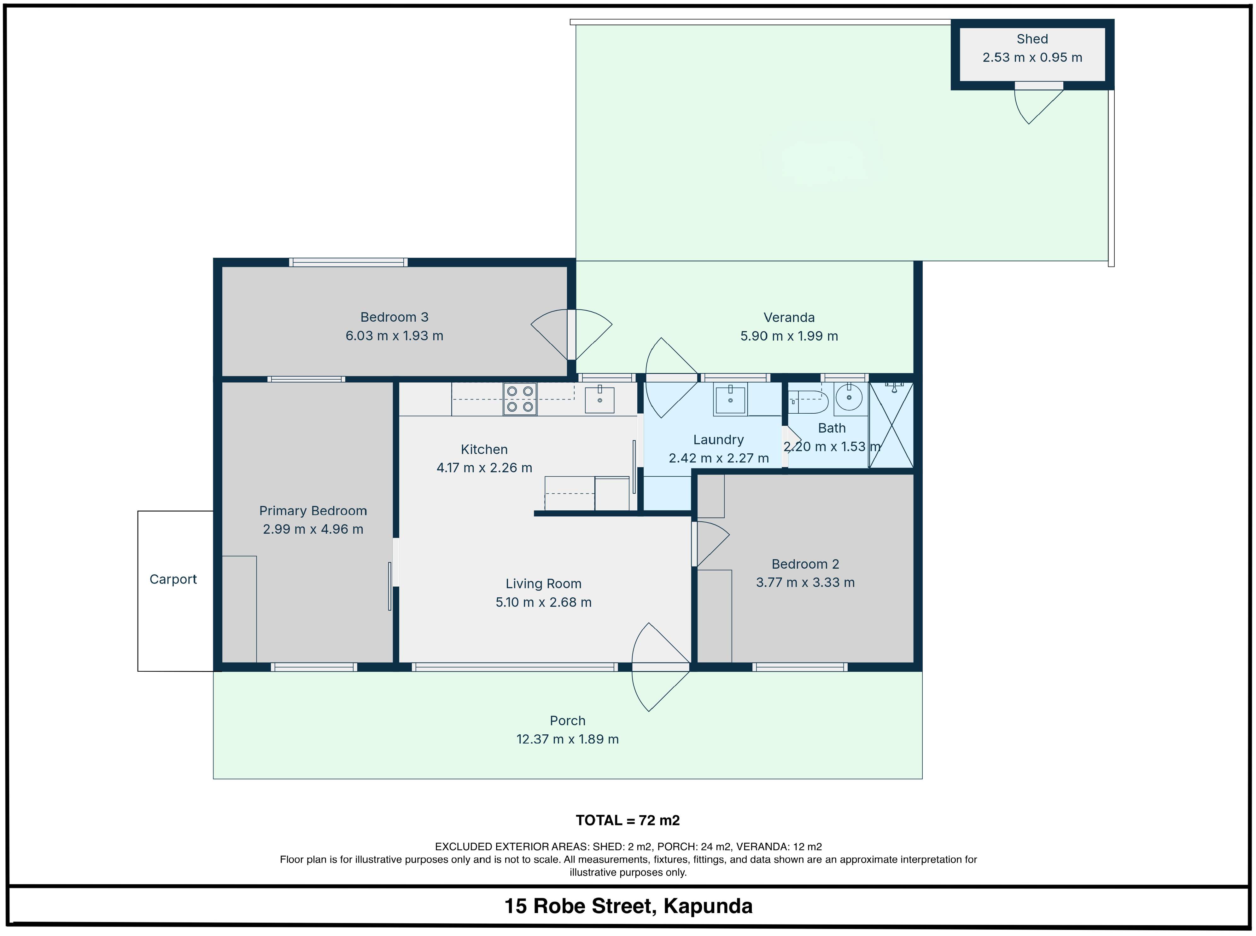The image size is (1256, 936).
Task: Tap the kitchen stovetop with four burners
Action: (519, 399)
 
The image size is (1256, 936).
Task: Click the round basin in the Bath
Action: (849, 397)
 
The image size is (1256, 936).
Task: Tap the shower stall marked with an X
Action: (891, 425)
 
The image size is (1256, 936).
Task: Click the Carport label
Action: (173, 579)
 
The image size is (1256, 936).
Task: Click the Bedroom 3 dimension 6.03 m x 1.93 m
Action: (394, 336)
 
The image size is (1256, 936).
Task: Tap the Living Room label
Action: (543, 583)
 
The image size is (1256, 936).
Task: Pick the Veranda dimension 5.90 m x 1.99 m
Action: (789, 336)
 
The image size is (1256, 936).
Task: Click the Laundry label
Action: (718, 440)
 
